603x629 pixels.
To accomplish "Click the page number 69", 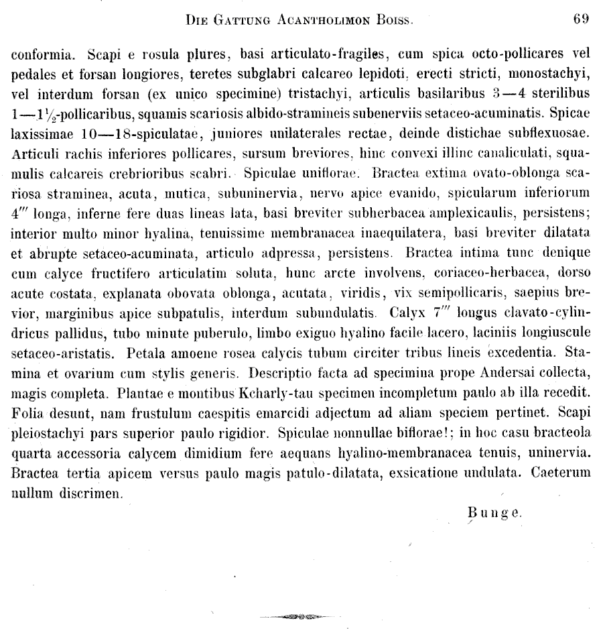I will [581, 19].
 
